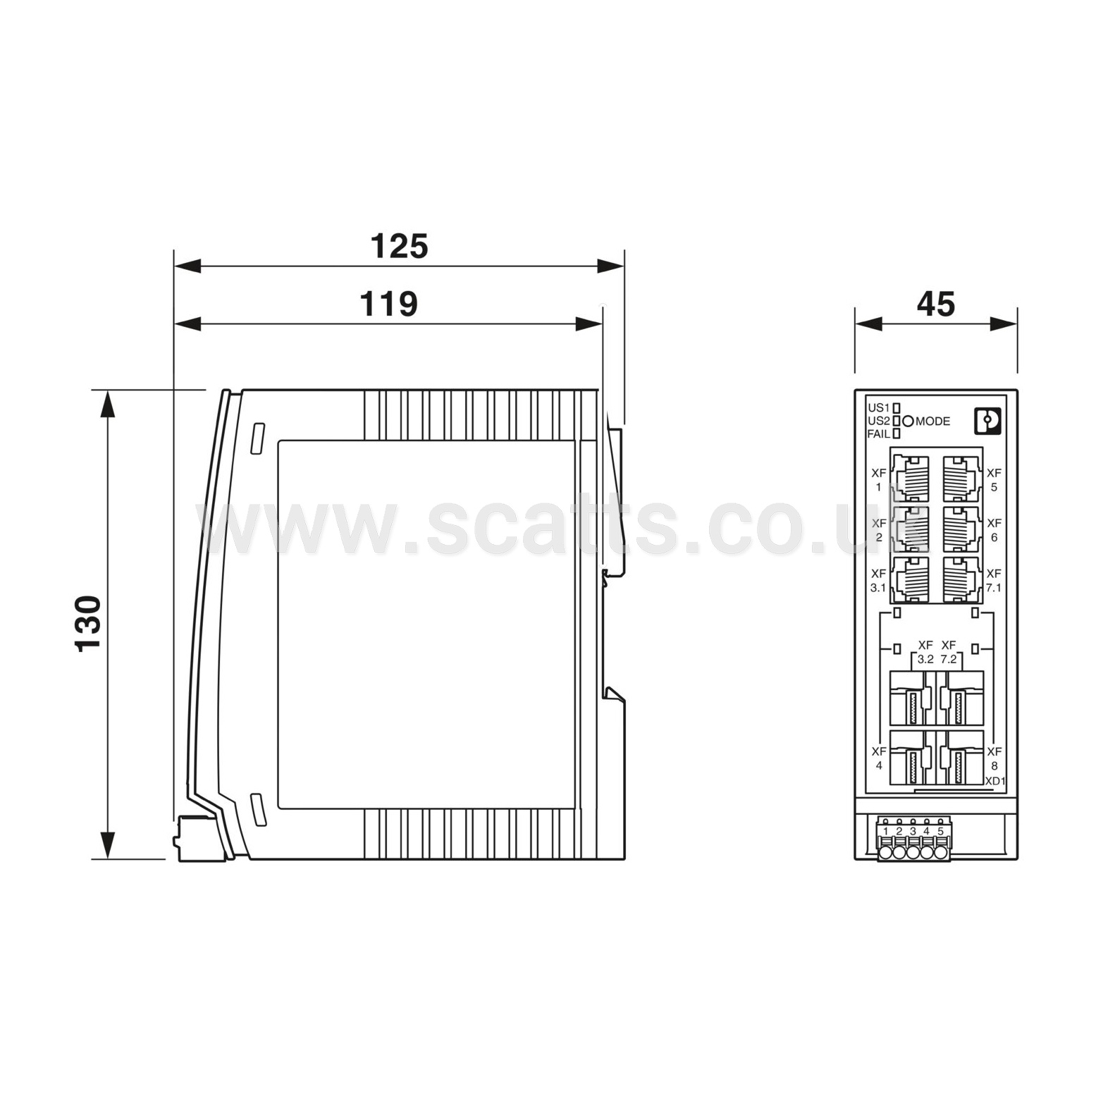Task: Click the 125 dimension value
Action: pyautogui.click(x=399, y=247)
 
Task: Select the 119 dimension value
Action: pyautogui.click(x=388, y=304)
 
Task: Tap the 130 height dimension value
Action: pyautogui.click(x=89, y=624)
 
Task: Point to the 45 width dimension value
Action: pyautogui.click(x=936, y=304)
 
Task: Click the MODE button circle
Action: pyautogui.click(x=908, y=421)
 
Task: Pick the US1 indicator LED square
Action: pyautogui.click(x=897, y=408)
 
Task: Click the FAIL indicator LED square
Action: pyautogui.click(x=897, y=434)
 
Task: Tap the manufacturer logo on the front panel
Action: pyautogui.click(x=987, y=422)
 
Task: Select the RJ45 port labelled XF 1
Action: pyautogui.click(x=911, y=479)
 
